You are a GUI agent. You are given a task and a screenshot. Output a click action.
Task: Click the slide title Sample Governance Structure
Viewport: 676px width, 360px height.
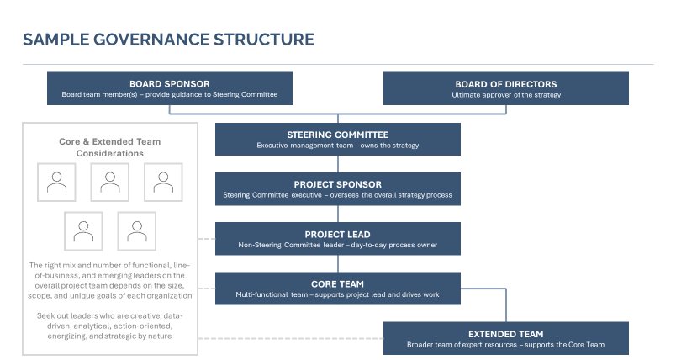coord(168,40)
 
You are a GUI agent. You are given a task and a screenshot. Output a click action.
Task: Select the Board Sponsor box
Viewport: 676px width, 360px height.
coord(169,88)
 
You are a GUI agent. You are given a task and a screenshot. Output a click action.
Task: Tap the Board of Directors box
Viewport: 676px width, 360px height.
coord(505,88)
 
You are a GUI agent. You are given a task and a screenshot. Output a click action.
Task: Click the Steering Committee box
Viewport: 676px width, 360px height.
coord(337,139)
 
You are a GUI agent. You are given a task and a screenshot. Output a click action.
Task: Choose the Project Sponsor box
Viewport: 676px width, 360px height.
coord(337,188)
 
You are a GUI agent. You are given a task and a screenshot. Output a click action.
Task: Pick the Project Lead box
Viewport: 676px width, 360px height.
coord(337,238)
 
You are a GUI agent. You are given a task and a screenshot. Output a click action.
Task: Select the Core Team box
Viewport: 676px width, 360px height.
coord(337,289)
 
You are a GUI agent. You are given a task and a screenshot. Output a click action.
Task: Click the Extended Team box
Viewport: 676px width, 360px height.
coord(505,338)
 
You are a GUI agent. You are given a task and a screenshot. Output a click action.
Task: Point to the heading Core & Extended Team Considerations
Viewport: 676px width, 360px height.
coord(110,147)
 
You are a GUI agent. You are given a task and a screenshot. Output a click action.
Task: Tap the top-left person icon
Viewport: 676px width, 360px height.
coord(57,183)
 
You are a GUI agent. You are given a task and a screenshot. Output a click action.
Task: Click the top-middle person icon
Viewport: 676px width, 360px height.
coord(109,183)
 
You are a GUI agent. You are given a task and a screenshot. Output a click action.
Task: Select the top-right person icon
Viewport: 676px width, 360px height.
coord(163,183)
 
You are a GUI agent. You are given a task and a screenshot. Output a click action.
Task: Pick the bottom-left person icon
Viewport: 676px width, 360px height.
coord(83,230)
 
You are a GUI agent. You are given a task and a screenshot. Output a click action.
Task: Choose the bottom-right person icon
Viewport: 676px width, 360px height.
coord(136,230)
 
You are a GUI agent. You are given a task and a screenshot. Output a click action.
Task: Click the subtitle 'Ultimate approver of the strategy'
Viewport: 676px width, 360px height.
coord(505,95)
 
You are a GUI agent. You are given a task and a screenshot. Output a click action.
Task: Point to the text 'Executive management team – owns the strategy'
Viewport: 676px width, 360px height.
coord(337,146)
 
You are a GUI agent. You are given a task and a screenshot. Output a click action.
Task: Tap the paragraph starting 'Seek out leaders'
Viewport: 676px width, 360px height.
coord(110,325)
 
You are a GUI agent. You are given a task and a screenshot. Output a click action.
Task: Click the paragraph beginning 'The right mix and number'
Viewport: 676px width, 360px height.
coord(110,280)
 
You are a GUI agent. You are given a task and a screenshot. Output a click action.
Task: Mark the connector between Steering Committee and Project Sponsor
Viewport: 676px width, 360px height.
coord(337,164)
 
